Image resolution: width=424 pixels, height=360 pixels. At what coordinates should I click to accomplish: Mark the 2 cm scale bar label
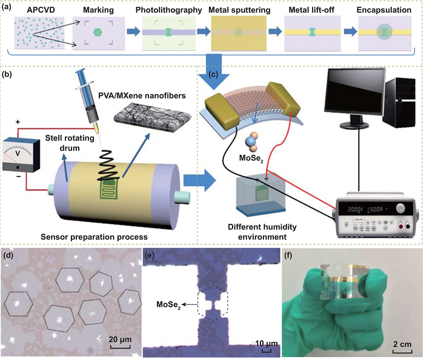402,345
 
